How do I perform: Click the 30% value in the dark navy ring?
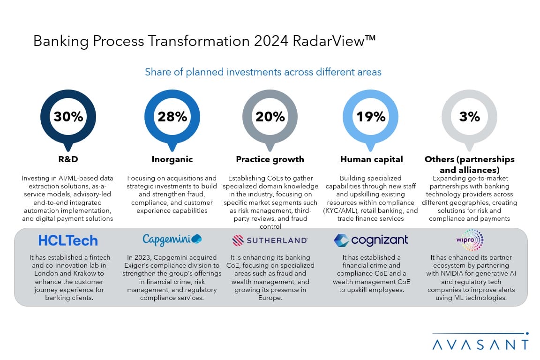68,117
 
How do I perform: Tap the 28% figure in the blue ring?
172,117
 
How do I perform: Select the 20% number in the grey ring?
270,117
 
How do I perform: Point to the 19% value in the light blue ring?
371,117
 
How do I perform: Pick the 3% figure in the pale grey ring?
469,117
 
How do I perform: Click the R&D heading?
68,159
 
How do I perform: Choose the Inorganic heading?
172,159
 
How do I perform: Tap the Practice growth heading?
270,159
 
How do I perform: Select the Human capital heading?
371,159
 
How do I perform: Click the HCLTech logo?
68,240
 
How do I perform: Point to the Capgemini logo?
172,240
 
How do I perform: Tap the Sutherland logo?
270,240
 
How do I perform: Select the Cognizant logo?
371,240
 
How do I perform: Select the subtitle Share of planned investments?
263,72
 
